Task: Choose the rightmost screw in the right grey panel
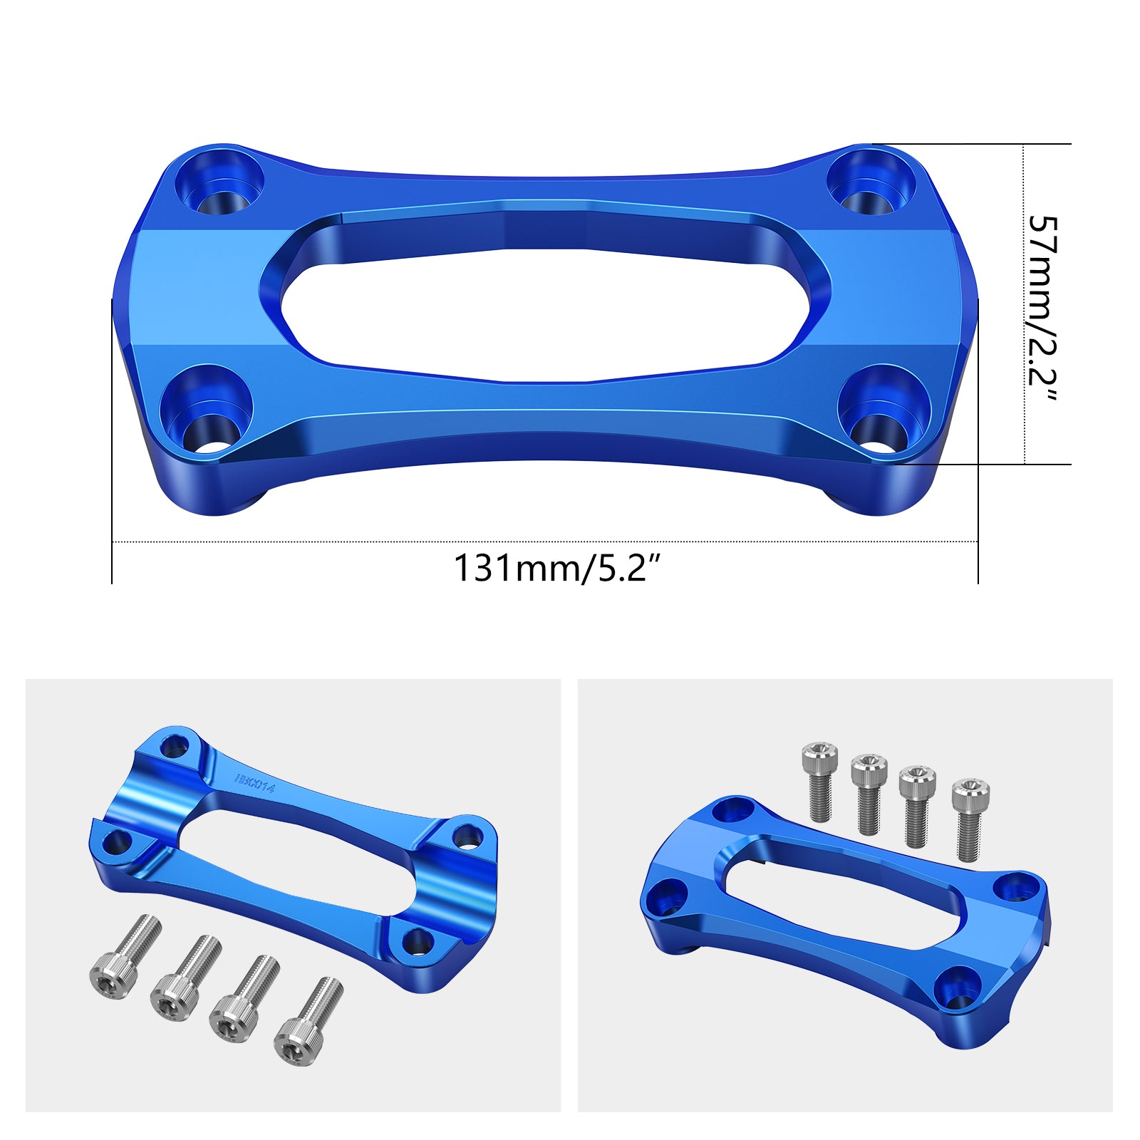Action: pyautogui.click(x=970, y=819)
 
